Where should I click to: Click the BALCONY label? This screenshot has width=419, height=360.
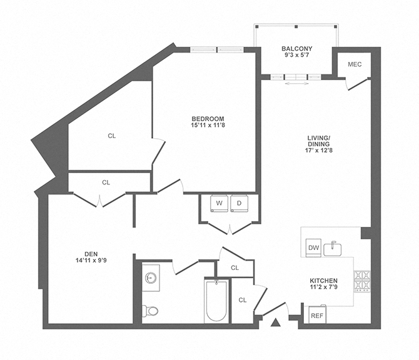pyautogui.click(x=296, y=49)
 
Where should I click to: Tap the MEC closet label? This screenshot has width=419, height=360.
pyautogui.click(x=355, y=64)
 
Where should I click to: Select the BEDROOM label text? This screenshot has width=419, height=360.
pyautogui.click(x=208, y=119)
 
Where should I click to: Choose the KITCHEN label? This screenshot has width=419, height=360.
pyautogui.click(x=323, y=280)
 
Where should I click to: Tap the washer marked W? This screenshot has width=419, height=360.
pyautogui.click(x=220, y=203)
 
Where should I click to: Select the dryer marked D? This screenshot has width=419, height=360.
pyautogui.click(x=238, y=203)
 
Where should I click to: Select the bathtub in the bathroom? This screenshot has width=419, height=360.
pyautogui.click(x=216, y=301)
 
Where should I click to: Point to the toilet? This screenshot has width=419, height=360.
pyautogui.click(x=149, y=311)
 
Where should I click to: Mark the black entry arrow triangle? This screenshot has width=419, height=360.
pyautogui.click(x=275, y=322)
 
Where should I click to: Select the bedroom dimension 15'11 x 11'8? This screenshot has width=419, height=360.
pyautogui.click(x=208, y=126)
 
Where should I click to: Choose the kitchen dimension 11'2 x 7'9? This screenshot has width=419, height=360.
pyautogui.click(x=323, y=288)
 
